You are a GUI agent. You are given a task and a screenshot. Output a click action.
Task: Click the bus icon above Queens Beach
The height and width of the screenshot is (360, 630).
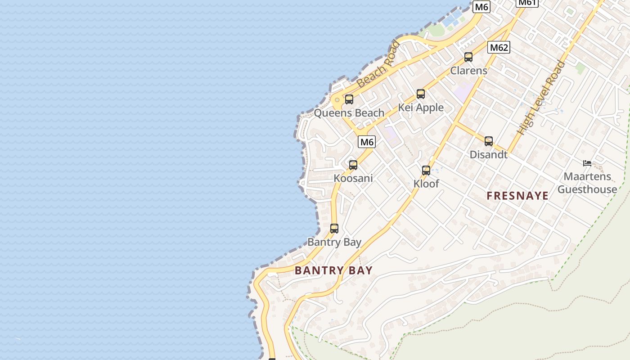(349, 99)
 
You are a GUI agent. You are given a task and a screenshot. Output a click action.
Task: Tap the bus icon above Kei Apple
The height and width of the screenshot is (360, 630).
(420, 94)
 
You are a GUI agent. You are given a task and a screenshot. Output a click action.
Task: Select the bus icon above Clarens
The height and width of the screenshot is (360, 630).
(468, 57)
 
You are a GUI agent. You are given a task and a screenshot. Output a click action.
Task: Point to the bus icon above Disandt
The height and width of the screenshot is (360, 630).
(488, 141)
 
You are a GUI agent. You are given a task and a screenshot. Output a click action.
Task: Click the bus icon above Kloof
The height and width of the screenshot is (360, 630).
(426, 171)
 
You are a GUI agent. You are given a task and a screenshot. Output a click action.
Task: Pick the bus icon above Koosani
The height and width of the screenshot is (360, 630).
(353, 165)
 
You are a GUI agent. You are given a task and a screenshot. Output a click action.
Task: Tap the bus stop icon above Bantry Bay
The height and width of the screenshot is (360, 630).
(334, 229)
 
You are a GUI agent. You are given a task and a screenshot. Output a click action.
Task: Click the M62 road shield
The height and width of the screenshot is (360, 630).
(499, 47)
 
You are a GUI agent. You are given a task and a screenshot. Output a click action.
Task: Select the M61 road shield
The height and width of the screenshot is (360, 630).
(526, 2)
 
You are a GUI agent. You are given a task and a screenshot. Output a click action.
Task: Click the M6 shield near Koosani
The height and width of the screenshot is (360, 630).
(367, 142)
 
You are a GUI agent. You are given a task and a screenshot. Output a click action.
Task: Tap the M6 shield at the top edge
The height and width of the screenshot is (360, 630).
(481, 7)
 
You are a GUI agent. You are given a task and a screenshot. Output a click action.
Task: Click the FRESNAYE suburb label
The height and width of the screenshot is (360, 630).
(517, 196)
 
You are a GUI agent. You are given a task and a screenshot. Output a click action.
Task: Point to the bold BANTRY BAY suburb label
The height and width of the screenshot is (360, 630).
(333, 270)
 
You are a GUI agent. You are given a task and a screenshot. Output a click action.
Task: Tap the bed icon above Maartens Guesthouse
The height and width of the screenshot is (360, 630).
(587, 163)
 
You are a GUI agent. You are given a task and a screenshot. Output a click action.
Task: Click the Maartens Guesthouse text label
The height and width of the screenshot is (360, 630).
(587, 183)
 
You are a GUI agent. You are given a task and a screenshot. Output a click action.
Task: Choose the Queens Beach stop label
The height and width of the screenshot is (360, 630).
(349, 113)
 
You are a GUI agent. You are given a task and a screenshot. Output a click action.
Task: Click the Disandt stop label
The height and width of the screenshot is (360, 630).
(488, 155)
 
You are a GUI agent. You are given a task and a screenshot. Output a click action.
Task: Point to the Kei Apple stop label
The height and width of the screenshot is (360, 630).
(420, 108)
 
